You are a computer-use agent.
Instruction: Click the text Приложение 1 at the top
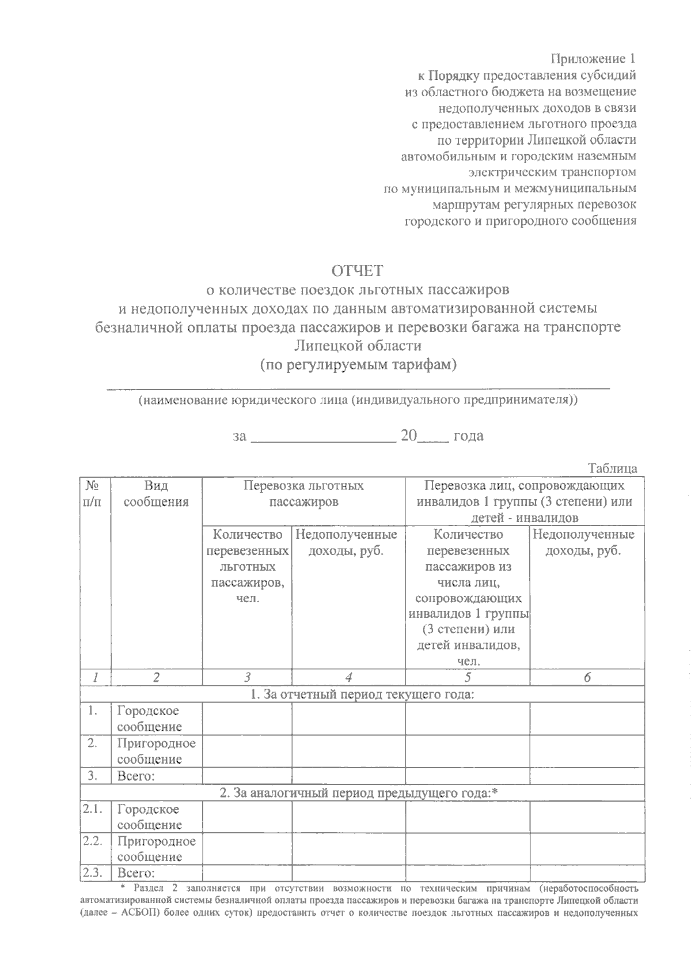coord(594,59)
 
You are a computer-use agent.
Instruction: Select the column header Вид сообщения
coord(156,494)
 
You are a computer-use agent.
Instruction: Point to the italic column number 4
coord(348,678)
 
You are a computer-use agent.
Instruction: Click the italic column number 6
coord(586,678)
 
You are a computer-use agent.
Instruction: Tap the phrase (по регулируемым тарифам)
coord(358,365)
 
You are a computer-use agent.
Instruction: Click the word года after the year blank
coord(469,436)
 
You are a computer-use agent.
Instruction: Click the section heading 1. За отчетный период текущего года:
coord(362,694)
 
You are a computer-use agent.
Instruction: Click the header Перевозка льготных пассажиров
coord(303,494)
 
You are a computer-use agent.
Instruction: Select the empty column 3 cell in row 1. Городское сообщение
coord(247,719)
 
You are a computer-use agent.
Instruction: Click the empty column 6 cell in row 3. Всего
coord(586,776)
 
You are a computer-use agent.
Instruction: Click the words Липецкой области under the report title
coord(358,346)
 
